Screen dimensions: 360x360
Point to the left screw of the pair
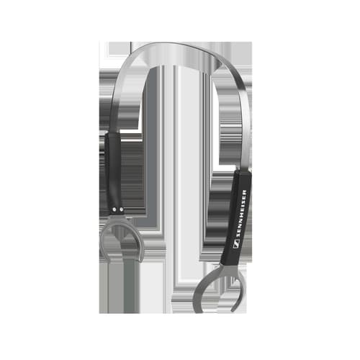pos(114,210)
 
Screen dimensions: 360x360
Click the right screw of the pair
pos(122,210)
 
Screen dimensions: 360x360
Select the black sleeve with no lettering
pos(113,173)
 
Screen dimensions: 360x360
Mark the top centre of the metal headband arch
pos(168,44)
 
